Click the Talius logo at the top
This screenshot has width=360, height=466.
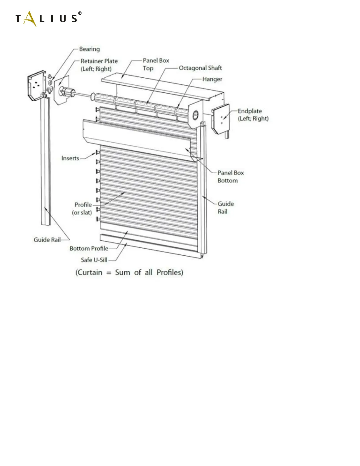47,19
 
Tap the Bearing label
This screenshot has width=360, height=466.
89,49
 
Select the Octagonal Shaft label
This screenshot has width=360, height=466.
200,68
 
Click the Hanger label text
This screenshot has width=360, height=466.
212,79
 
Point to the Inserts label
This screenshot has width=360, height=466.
70,158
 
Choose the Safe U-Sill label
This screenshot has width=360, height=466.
94,260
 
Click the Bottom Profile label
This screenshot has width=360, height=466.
89,249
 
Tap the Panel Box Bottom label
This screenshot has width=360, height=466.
231,177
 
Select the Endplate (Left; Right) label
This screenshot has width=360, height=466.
253,115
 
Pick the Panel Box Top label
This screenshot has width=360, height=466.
156,64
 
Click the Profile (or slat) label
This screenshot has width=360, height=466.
83,208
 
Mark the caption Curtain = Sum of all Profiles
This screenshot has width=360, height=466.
129,272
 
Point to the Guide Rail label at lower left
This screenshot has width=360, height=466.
47,240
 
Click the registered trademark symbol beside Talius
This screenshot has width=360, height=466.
80,13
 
